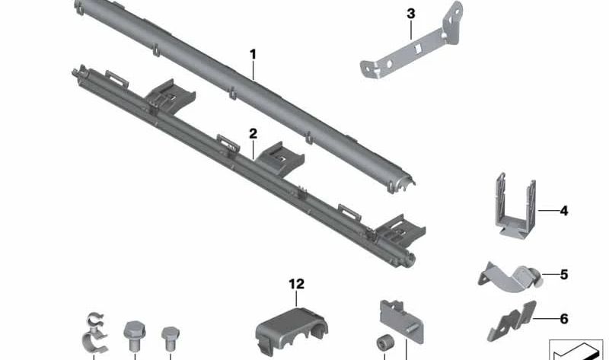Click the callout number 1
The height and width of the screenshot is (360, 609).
pyautogui.click(x=253, y=54)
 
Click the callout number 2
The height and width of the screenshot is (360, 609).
pyautogui.click(x=253, y=134)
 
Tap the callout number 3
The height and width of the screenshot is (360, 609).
pyautogui.click(x=411, y=14)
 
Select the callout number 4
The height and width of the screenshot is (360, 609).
pyautogui.click(x=564, y=211)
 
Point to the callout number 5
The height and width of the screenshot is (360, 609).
pyautogui.click(x=564, y=275)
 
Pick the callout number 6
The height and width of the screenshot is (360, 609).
pyautogui.click(x=564, y=319)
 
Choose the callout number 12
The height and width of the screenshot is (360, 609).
pyautogui.click(x=296, y=284)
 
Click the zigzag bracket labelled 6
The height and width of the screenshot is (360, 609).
pyautogui.click(x=512, y=320)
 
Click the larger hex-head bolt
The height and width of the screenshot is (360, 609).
pyautogui.click(x=135, y=335)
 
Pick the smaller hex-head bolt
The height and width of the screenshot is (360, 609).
pyautogui.click(x=171, y=338)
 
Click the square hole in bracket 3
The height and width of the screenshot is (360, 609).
pyautogui.click(x=419, y=48)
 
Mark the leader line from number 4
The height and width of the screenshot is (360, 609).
pyautogui.click(x=548, y=211)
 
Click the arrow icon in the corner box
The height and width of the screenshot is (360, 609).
pyautogui.click(x=576, y=351)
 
